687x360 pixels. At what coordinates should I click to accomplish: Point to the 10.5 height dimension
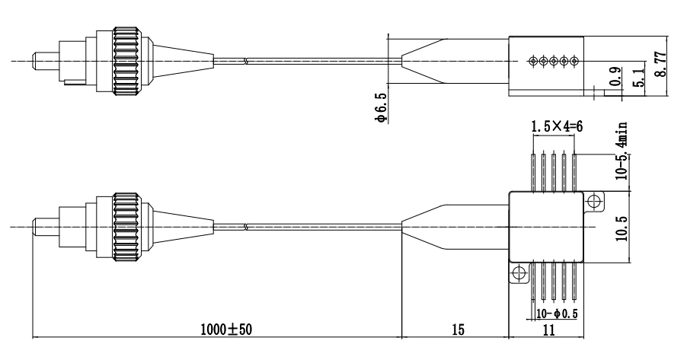click(621, 227)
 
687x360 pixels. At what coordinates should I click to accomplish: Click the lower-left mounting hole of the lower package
click(519, 273)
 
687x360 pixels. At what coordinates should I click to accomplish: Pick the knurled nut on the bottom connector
click(126, 226)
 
